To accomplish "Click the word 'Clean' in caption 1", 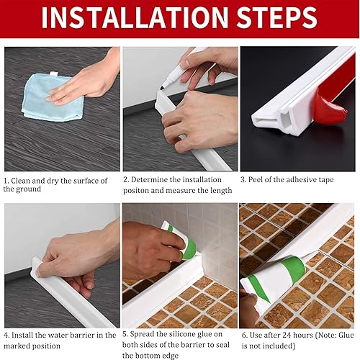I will pyautogui.click(x=24, y=181).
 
